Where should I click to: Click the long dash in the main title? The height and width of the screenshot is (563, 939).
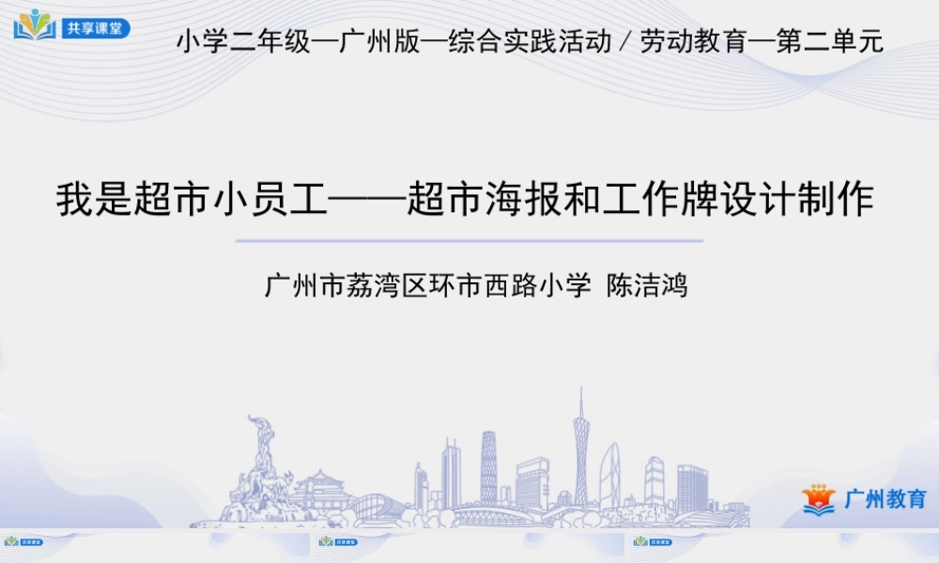(367, 200)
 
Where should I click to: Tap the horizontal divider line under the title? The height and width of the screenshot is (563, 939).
(469, 241)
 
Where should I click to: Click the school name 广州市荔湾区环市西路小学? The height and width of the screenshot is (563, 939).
(428, 285)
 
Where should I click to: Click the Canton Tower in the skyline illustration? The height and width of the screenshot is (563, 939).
(581, 450)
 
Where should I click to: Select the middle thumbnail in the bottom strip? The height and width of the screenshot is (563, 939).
(469, 545)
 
